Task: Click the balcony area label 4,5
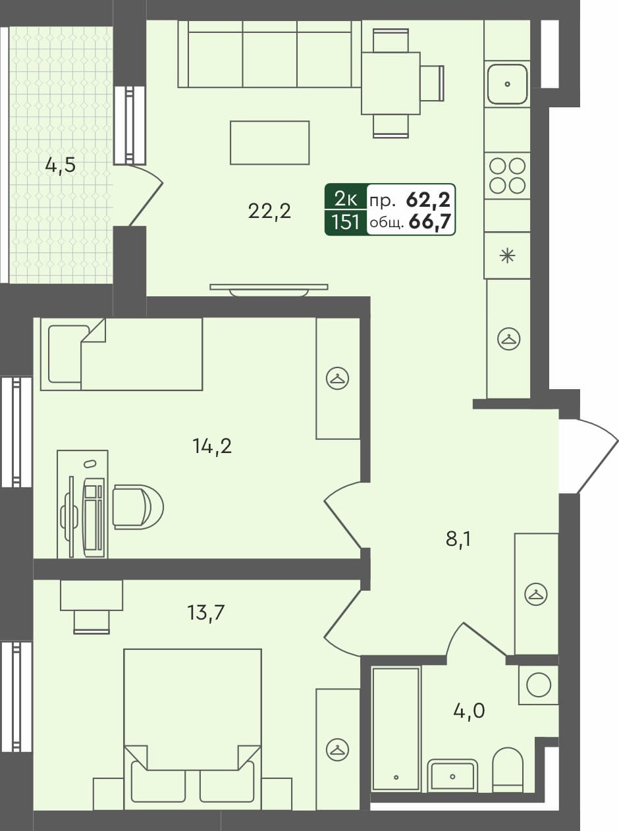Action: point(60,165)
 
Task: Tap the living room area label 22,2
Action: point(269,211)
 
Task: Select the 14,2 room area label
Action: point(212,446)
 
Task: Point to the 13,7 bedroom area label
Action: point(205,613)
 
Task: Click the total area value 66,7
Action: point(430,223)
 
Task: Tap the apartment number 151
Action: point(346,223)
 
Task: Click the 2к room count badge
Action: point(346,198)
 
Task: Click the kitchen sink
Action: point(507,84)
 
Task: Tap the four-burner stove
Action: point(507,175)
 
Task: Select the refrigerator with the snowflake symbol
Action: point(507,255)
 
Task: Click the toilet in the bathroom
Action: point(507,769)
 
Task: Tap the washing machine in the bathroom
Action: point(539,685)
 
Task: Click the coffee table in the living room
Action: point(269,142)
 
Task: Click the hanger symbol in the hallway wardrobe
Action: point(536,594)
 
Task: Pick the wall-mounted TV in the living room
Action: point(269,288)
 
